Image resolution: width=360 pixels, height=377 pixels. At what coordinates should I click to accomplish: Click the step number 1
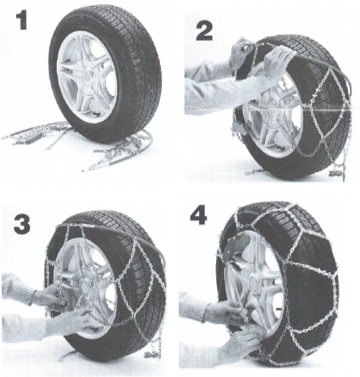click(22, 19)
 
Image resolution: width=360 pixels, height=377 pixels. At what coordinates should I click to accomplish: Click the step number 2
click(204, 31)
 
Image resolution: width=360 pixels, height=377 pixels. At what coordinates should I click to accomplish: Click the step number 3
click(22, 224)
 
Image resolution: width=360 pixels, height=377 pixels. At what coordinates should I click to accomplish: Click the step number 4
click(198, 215)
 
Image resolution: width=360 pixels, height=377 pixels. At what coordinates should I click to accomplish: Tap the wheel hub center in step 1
click(87, 76)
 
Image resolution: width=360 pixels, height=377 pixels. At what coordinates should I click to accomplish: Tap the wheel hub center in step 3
click(86, 287)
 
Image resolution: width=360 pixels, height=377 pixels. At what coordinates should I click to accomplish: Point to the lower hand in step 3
click(72, 323)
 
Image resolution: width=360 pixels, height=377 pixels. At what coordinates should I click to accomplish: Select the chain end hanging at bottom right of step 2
click(338, 171)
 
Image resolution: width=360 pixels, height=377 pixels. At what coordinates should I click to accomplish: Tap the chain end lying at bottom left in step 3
click(67, 355)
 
